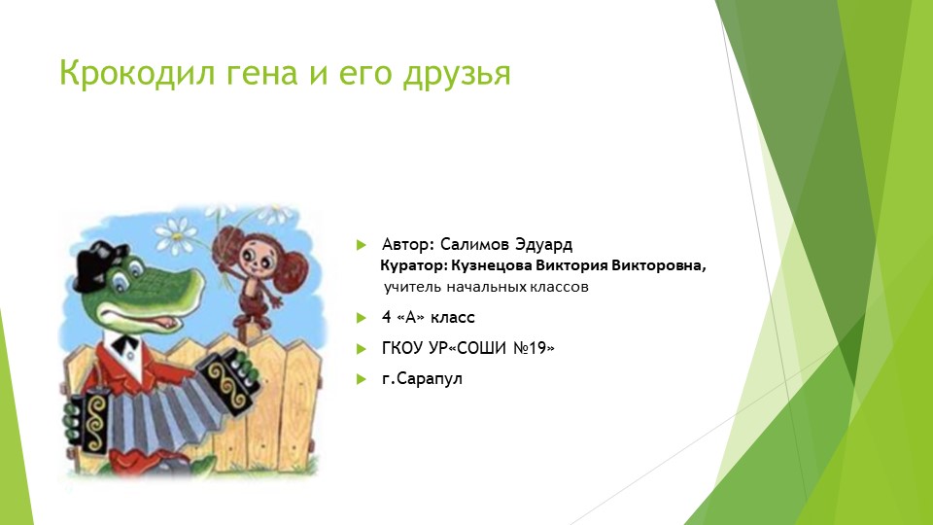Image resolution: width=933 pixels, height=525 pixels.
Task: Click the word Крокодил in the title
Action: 137,73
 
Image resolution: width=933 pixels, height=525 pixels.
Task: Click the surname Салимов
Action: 475,244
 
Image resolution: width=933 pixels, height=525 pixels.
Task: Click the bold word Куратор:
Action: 414,265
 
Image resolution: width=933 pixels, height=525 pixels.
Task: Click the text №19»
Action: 534,348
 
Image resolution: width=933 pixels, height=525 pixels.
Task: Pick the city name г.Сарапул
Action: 422,378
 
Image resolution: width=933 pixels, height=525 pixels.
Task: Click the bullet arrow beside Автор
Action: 362,245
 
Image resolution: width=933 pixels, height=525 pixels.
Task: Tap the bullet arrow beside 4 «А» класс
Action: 362,318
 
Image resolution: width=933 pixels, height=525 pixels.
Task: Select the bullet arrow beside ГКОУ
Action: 362,349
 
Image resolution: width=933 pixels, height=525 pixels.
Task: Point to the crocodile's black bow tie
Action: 126,345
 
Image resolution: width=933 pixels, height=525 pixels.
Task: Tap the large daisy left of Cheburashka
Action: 176,234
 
